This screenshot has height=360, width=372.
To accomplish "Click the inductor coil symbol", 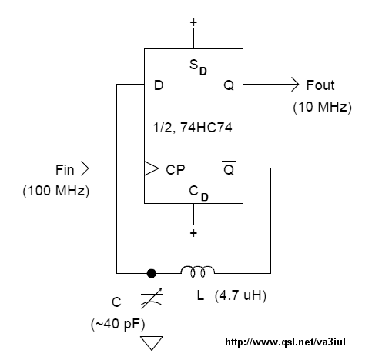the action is click(198, 272).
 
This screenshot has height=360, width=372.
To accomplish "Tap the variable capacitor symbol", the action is click(152, 298).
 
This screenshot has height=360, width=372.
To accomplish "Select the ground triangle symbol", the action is click(152, 343).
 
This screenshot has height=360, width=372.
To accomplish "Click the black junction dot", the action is click(152, 273).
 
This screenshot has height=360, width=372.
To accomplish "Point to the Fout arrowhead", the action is click(295, 84).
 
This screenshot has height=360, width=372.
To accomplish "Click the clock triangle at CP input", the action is click(152, 168).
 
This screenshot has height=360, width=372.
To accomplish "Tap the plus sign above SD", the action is click(193, 22).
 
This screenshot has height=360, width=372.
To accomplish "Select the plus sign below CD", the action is click(193, 233).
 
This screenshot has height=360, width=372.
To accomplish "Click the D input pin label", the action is click(159, 85).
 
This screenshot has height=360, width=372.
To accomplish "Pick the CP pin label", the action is click(176, 169).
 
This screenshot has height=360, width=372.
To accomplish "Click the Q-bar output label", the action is click(229, 168).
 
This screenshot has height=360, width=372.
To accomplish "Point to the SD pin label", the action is click(198, 67).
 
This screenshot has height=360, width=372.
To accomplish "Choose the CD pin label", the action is click(199, 193).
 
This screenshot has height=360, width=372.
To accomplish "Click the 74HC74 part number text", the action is click(206, 128).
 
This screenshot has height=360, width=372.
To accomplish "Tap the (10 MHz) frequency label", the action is click(322, 107).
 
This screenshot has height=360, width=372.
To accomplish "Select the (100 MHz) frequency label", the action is click(56, 191).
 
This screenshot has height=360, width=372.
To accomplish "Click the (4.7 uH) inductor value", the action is click(240, 295).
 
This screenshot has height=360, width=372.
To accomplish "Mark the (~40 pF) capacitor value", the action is click(118, 324).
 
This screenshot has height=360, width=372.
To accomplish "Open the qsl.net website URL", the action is click(285, 342).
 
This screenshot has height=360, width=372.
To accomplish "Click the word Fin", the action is click(65, 170).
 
